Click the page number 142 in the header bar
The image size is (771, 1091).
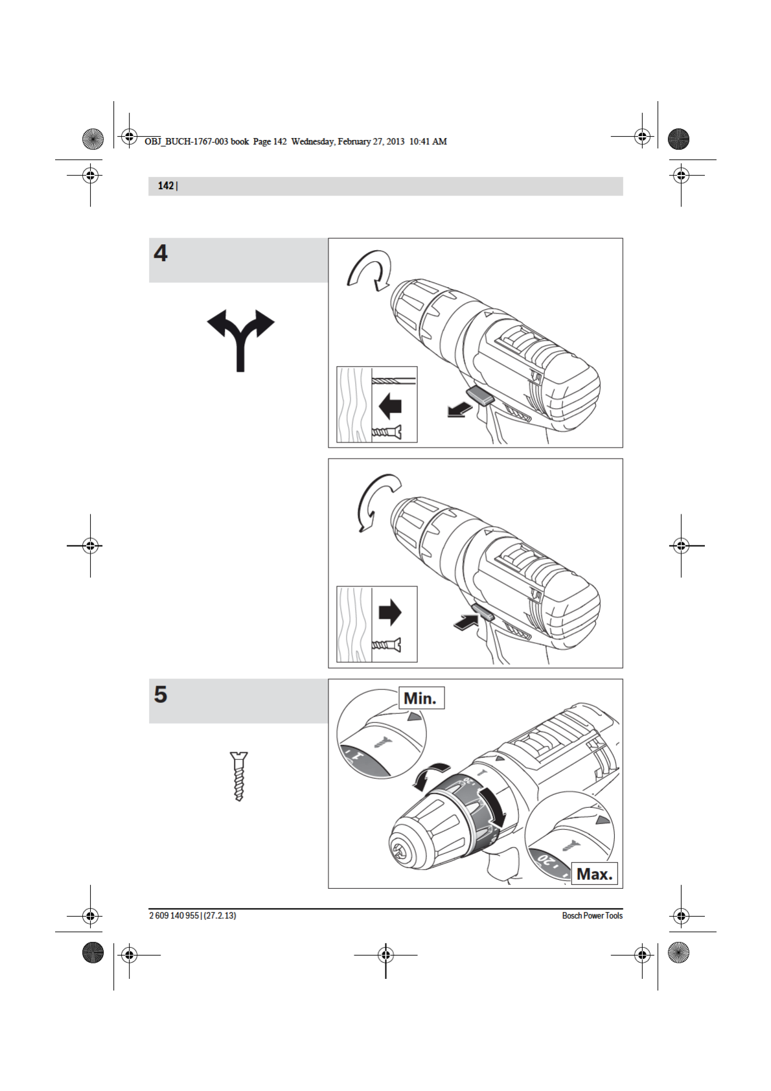point(165,186)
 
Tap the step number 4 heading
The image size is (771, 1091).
point(161,253)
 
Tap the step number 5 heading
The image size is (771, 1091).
point(161,695)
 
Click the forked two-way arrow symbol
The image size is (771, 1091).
point(240,337)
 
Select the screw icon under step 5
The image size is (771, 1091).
point(239,776)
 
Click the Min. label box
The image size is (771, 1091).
point(420,698)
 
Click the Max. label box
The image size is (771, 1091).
point(594,874)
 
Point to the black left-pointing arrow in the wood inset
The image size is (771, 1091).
point(390,407)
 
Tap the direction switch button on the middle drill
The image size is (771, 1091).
point(483,612)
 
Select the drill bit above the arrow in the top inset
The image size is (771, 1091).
point(394,381)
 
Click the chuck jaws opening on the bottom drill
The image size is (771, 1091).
point(400,849)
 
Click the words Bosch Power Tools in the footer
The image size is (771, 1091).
point(592,915)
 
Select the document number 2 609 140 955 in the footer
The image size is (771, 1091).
point(174,915)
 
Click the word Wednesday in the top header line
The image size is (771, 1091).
point(313,141)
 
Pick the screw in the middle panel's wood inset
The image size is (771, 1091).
point(386,645)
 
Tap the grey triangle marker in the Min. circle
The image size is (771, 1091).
point(413,717)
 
